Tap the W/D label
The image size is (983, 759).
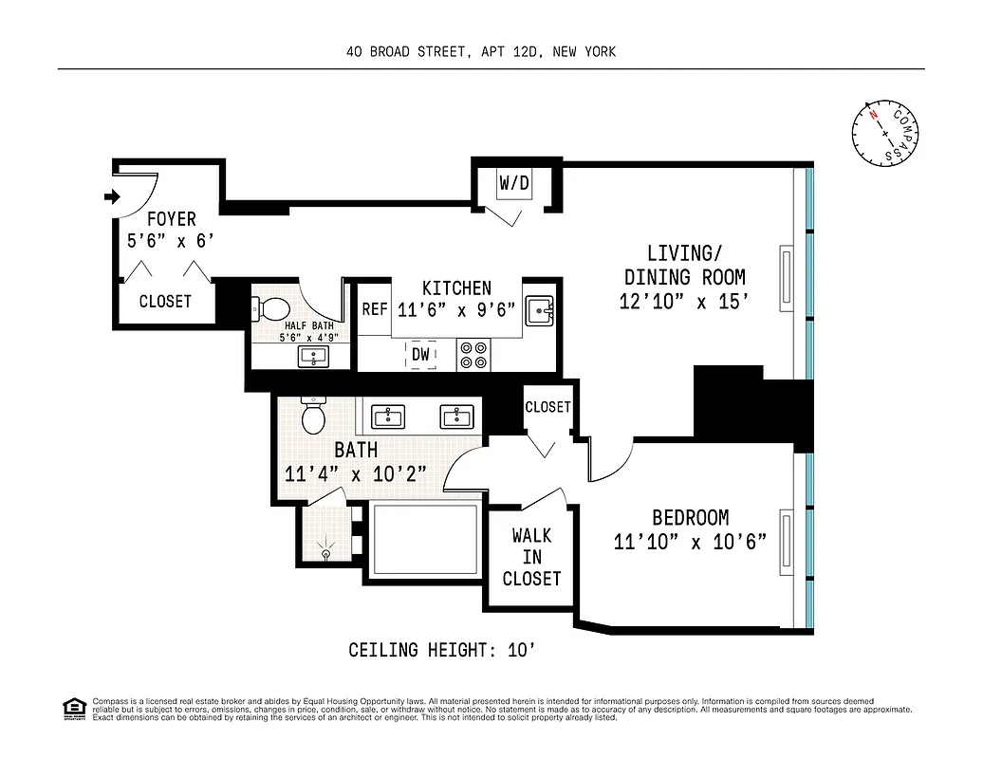tap(514, 183)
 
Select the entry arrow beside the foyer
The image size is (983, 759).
tap(110, 197)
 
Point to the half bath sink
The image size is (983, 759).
tap(312, 356)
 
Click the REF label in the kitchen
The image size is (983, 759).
tap(374, 309)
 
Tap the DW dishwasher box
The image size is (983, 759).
tap(421, 355)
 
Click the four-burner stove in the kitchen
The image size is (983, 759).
tap(473, 355)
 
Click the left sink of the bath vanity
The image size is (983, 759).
tap(387, 417)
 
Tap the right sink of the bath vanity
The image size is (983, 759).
tap(455, 417)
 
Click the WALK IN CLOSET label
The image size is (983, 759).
tap(531, 557)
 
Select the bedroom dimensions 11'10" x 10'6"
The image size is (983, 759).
tap(690, 542)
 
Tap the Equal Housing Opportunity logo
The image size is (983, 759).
tap(72, 708)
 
